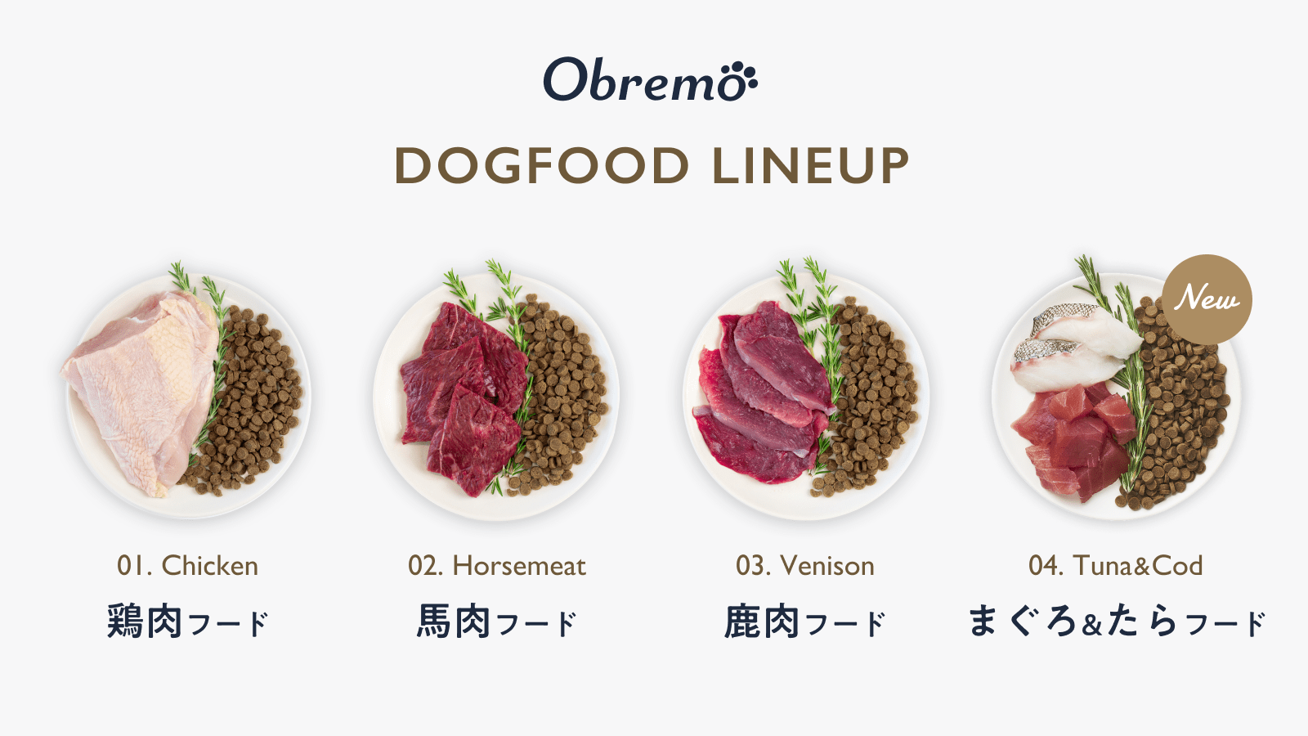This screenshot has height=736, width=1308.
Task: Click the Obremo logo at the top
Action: [x=650, y=80]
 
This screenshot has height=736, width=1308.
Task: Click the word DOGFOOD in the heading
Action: [x=542, y=166]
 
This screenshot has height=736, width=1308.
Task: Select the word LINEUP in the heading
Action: [x=810, y=166]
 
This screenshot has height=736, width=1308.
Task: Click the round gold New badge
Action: [x=1207, y=298]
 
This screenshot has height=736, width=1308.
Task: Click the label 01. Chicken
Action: [x=187, y=565]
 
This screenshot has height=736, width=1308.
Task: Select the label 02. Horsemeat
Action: [x=497, y=565]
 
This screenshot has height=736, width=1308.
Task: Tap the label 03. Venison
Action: [x=805, y=565]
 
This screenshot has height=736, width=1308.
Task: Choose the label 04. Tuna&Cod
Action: [x=1116, y=565]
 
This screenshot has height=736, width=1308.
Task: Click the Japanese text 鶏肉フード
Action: [x=187, y=622]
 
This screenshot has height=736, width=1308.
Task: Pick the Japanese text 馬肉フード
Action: [x=497, y=622]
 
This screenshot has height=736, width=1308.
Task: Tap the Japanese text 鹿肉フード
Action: [x=805, y=622]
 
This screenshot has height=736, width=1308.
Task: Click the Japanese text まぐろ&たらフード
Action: [x=1116, y=622]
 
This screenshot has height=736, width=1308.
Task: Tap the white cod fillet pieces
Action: [x=1071, y=343]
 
